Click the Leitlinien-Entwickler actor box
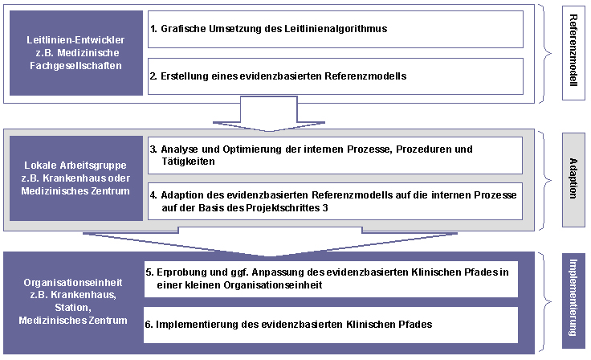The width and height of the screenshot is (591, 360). tap(76, 53)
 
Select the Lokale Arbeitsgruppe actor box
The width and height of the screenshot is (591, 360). tap(76, 178)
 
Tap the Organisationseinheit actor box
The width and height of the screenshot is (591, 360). tap(73, 302)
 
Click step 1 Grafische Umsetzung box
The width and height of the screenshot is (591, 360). tap(336, 29)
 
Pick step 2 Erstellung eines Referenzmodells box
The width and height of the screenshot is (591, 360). tap(336, 76)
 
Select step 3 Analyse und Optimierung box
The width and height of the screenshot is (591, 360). tap(335, 155)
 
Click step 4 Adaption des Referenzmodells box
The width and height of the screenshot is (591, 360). tap(335, 201)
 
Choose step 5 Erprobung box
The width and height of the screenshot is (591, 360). tap(331, 279)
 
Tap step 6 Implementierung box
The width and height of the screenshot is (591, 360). tap(331, 325)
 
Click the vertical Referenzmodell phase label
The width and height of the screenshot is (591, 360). tap(573, 53)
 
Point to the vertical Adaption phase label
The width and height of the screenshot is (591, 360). tap(573, 180)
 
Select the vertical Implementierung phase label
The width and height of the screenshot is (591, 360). tap(573, 301)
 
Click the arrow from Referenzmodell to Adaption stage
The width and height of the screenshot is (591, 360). tap(269, 114)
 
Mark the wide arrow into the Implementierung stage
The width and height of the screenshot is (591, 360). tap(270, 242)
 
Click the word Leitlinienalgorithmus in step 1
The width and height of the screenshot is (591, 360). tap(336, 29)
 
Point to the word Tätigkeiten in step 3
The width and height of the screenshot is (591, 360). tap(188, 162)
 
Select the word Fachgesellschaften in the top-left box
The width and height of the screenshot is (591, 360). tap(75, 66)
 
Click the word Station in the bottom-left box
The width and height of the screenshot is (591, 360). tap(73, 308)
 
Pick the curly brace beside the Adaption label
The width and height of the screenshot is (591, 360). tap(546, 180)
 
